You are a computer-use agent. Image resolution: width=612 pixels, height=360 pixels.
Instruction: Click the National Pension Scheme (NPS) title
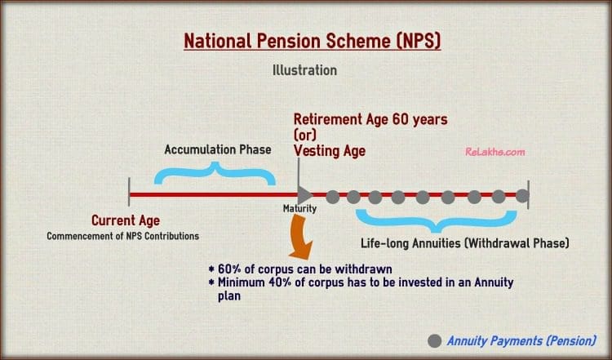pyautogui.click(x=313, y=41)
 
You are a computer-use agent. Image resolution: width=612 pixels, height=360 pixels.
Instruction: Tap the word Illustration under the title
pyautogui.click(x=304, y=70)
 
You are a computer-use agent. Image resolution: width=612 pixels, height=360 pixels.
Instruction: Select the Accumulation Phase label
pyautogui.click(x=218, y=149)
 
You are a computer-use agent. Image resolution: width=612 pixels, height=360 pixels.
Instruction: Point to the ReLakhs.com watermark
pyautogui.click(x=495, y=152)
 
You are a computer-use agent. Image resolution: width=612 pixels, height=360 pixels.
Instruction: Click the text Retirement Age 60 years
pyautogui.click(x=370, y=119)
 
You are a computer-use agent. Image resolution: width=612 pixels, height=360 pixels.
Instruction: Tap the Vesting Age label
pyautogui.click(x=330, y=151)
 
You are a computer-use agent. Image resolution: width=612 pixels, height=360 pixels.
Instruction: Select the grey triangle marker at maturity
pyautogui.click(x=305, y=195)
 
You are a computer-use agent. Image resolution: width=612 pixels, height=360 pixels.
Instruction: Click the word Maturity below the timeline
pyautogui.click(x=299, y=208)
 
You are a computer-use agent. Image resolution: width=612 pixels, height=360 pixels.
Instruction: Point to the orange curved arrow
pyautogui.click(x=300, y=237)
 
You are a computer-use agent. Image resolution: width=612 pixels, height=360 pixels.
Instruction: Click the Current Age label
pyautogui.click(x=126, y=220)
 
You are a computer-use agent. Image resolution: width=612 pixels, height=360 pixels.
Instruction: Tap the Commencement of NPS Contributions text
pyautogui.click(x=123, y=236)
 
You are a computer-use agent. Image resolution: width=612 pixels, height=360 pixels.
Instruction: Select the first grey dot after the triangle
pyautogui.click(x=332, y=197)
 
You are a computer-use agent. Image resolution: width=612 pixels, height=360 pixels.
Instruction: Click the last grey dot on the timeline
pyautogui.click(x=522, y=196)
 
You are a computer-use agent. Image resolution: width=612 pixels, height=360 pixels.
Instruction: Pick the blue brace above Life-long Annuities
pyautogui.click(x=437, y=221)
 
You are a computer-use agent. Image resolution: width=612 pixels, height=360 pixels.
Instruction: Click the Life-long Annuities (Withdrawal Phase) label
pyautogui.click(x=465, y=243)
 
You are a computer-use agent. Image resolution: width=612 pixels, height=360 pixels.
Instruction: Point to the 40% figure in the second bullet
pyautogui.click(x=280, y=282)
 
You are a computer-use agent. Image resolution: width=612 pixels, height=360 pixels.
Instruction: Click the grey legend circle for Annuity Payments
pyautogui.click(x=434, y=341)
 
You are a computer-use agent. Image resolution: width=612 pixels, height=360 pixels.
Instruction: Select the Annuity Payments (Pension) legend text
pyautogui.click(x=521, y=341)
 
